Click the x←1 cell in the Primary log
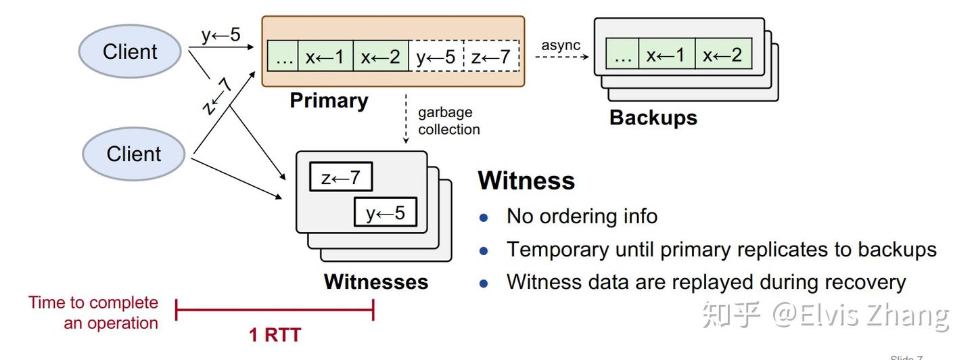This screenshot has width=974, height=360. (325, 56)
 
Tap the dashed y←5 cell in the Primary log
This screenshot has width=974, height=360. (436, 56)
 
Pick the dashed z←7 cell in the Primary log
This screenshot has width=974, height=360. (491, 56)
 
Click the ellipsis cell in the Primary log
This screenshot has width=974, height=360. (283, 56)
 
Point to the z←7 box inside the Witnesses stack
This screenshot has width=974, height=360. (341, 178)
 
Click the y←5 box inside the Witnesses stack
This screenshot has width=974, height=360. (386, 213)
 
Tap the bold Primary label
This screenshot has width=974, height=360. (329, 101)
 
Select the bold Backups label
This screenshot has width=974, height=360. (653, 117)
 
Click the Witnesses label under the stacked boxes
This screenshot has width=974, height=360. (376, 282)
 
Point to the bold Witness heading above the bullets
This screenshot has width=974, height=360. (526, 181)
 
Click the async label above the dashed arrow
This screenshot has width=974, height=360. (561, 45)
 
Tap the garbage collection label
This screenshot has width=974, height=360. (448, 121)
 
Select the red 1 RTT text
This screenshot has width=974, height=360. (275, 334)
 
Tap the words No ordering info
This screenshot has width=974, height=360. (582, 216)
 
